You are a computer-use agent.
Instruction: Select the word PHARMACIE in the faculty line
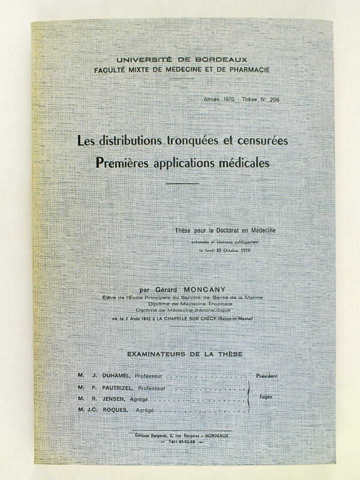244,70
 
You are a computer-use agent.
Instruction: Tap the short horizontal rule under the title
182,184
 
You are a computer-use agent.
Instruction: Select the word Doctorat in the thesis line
232,229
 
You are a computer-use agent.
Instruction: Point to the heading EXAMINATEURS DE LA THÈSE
181,355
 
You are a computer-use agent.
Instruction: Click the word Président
267,376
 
